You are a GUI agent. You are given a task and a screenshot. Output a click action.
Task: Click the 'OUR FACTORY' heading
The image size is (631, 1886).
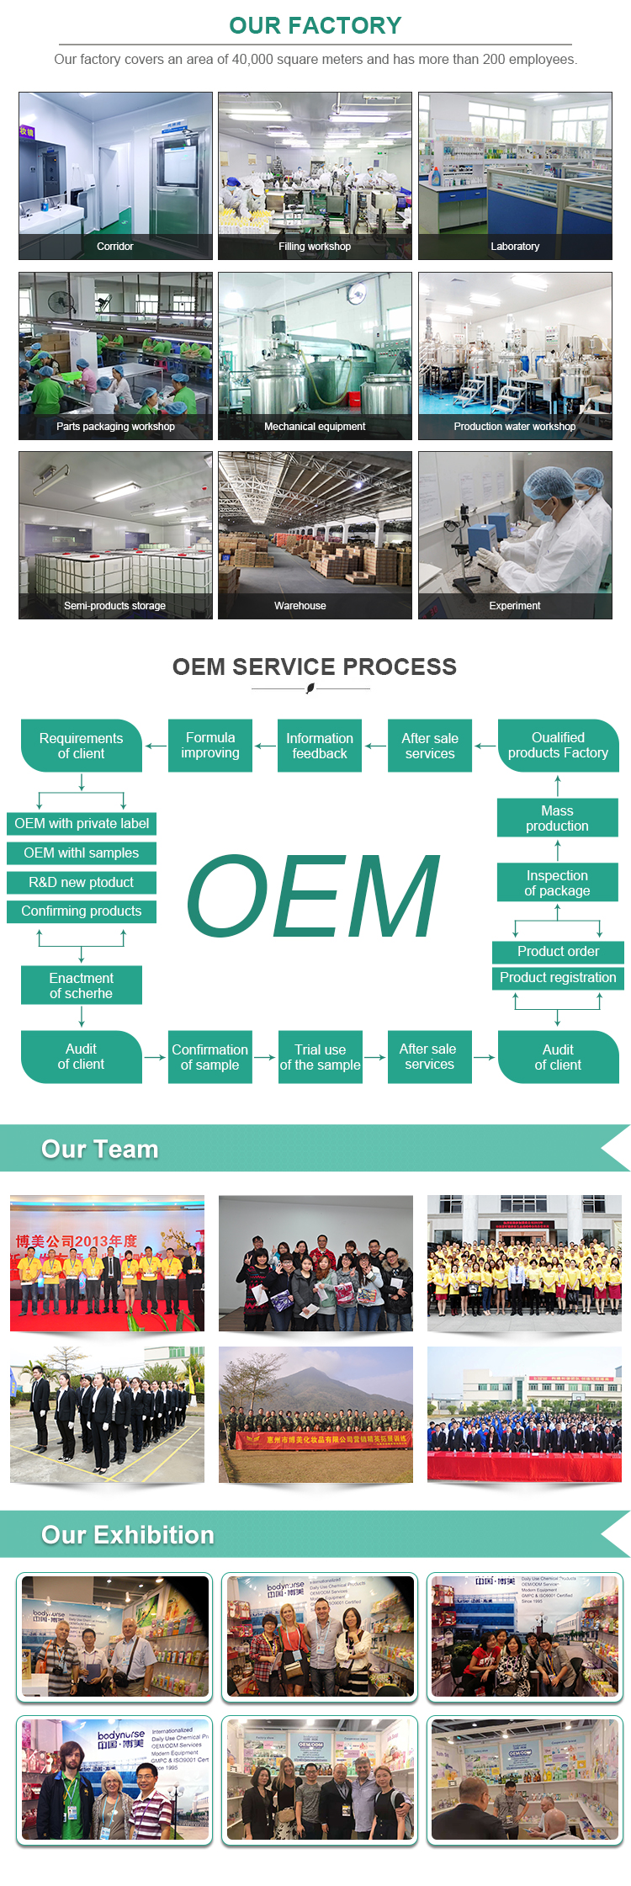click(x=315, y=26)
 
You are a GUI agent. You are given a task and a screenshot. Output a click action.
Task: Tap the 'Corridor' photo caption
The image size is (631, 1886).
click(x=115, y=247)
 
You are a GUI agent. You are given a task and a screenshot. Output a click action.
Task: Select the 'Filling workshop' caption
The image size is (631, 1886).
click(x=315, y=247)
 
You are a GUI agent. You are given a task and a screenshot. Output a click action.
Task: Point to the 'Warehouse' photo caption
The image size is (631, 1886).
click(x=300, y=606)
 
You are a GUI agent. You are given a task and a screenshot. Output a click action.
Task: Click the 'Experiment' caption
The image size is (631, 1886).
click(x=515, y=606)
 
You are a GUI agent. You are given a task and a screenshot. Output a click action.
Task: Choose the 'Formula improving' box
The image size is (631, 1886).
click(x=210, y=746)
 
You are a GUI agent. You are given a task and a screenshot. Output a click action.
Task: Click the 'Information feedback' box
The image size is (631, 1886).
click(x=320, y=746)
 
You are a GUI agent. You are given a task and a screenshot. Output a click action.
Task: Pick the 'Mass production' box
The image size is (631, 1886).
click(x=557, y=818)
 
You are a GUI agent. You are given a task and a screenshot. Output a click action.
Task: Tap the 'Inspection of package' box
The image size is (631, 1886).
click(x=557, y=883)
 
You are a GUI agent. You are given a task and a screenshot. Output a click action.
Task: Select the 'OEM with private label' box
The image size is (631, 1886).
click(x=82, y=824)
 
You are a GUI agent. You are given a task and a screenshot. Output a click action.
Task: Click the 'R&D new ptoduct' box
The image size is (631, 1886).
click(x=82, y=882)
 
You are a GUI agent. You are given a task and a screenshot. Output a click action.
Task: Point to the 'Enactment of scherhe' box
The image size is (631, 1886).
click(x=82, y=986)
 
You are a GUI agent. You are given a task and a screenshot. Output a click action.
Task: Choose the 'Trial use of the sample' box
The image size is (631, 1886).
click(x=321, y=1057)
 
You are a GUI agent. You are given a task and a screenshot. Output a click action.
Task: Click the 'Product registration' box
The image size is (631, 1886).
click(x=558, y=978)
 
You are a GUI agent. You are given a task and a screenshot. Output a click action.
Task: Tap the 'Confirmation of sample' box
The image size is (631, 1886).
click(x=210, y=1057)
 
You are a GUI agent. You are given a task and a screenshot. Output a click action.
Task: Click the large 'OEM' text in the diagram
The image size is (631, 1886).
click(x=313, y=897)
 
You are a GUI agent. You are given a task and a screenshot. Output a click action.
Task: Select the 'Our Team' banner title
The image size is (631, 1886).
click(x=100, y=1150)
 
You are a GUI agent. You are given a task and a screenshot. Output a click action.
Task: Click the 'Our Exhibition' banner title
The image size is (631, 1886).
click(x=128, y=1535)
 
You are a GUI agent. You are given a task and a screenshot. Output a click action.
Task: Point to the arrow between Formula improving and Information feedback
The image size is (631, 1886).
click(x=265, y=746)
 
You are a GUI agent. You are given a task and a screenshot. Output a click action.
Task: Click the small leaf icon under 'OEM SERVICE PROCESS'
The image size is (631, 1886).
click(x=310, y=688)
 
